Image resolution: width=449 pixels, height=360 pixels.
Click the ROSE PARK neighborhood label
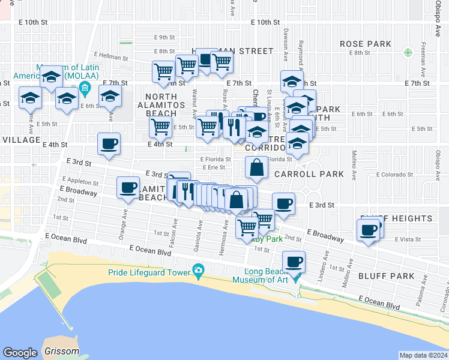[x=365, y=44]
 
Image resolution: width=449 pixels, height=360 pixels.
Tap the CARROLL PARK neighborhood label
[x=309, y=174]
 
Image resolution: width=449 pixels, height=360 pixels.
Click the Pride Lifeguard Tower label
[x=149, y=272]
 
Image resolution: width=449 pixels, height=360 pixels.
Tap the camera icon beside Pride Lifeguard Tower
[x=198, y=272]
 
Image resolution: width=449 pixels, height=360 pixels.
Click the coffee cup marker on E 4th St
[x=109, y=144]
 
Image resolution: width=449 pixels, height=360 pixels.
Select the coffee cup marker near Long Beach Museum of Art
[x=294, y=262]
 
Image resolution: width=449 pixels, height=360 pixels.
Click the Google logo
[x=20, y=352]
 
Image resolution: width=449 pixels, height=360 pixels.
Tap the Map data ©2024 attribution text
[x=423, y=355]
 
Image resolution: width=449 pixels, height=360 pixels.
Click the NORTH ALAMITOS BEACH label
[x=165, y=104]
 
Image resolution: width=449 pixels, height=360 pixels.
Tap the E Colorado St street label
[x=394, y=175]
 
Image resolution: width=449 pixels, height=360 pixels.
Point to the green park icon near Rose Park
[x=408, y=52]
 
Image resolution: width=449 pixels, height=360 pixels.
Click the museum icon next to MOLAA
[x=85, y=90]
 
